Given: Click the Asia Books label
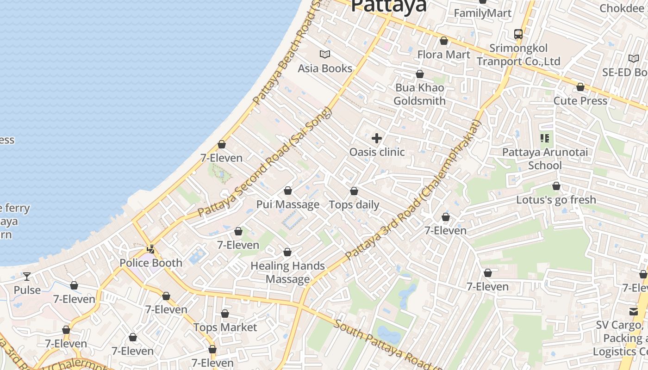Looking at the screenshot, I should [325, 68].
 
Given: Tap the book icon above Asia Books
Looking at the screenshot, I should [325, 55].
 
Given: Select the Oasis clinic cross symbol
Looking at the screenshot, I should [377, 138].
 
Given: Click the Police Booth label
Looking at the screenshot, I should [151, 263].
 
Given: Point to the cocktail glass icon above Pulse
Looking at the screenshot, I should [27, 277].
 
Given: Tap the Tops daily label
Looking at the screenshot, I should [354, 205].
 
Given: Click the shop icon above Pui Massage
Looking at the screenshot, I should [288, 191].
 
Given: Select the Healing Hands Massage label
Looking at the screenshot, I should [287, 272].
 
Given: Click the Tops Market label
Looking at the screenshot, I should [225, 327].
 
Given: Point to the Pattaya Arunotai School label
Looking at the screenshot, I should [545, 159].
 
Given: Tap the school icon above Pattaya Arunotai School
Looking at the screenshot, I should [545, 138].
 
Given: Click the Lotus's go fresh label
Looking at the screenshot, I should [556, 200].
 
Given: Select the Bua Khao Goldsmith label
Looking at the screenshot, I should [420, 94].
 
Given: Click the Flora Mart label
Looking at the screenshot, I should [443, 55].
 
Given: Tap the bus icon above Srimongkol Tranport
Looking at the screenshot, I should [518, 34].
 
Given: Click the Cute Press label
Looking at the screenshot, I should [580, 101].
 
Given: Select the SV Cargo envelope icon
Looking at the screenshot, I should [633, 311].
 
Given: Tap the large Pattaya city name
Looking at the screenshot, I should [388, 6].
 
